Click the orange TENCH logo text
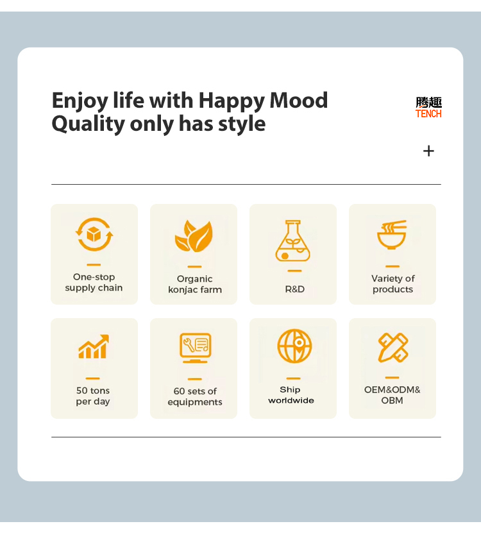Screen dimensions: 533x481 [428, 114]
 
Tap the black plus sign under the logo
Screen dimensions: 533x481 [428, 151]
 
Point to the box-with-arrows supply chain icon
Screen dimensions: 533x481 [94, 234]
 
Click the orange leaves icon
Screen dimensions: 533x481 [194, 236]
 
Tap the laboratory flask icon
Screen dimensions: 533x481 [292, 241]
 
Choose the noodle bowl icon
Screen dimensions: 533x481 [392, 235]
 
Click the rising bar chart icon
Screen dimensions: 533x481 [94, 347]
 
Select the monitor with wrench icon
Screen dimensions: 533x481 [195, 348]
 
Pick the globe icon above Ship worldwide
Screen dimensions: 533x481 [294, 346]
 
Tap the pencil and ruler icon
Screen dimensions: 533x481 [392, 348]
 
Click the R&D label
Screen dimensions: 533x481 [294, 289]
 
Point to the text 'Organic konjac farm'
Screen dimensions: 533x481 [195, 284]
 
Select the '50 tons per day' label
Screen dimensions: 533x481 [93, 396]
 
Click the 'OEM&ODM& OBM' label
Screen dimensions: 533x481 [392, 395]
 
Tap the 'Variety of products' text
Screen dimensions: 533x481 [392, 283]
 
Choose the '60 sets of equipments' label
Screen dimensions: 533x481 [195, 396]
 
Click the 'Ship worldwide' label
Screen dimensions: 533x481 [291, 395]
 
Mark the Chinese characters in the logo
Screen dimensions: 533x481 [428, 102]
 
